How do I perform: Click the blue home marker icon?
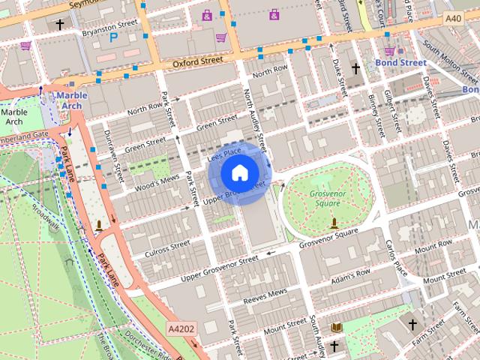[238, 173]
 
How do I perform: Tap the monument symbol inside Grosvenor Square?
[333, 223]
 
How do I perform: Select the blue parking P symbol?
[114, 36]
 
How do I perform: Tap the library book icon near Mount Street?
[336, 328]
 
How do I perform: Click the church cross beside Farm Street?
[412, 325]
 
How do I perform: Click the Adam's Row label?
[346, 279]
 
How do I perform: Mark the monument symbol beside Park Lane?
[100, 225]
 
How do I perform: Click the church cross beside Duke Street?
[355, 69]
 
